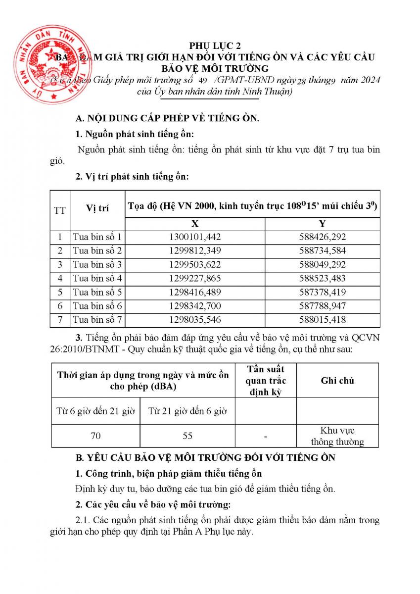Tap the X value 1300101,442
tap(195, 237)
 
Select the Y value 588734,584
tap(323, 250)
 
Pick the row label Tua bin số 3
tap(97, 264)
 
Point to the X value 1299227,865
tap(195, 278)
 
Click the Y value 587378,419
tap(323, 292)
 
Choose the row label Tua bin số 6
tap(97, 306)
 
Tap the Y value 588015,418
tap(323, 320)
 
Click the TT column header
tap(60, 210)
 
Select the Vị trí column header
tap(97, 208)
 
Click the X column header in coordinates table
tap(195, 223)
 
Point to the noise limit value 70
tap(96, 436)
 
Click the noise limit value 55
tap(187, 436)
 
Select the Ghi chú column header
tap(337, 380)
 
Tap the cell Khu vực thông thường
tap(337, 436)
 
